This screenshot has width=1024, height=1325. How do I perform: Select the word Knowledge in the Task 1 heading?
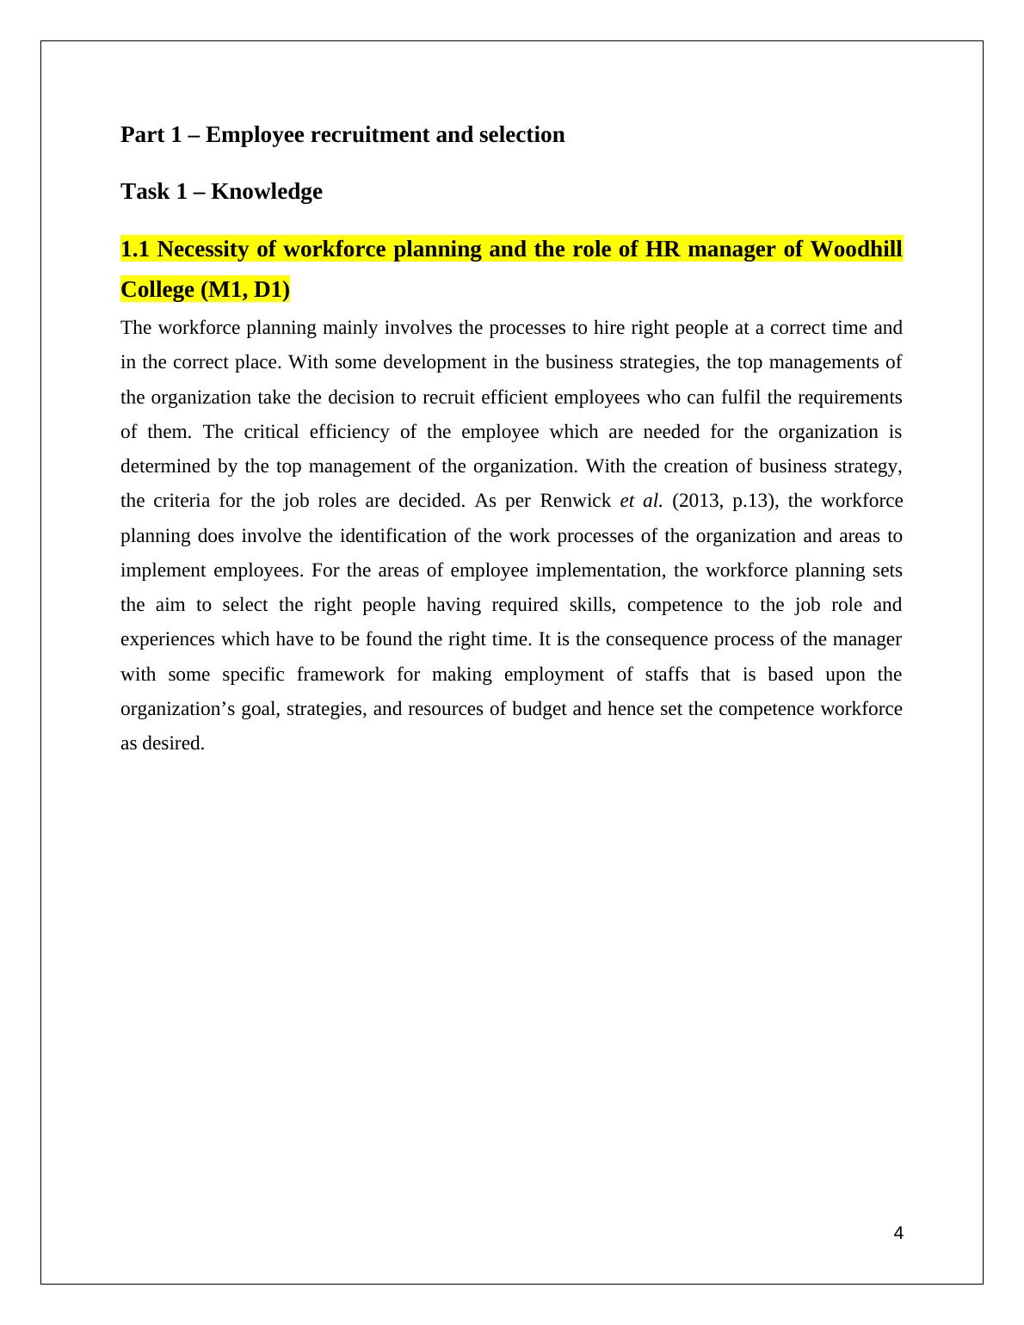click(267, 191)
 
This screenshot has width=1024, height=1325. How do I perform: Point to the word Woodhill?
click(856, 250)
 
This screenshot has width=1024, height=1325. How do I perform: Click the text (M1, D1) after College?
click(245, 291)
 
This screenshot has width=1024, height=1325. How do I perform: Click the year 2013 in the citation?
click(695, 501)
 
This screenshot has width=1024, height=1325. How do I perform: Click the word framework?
click(340, 675)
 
